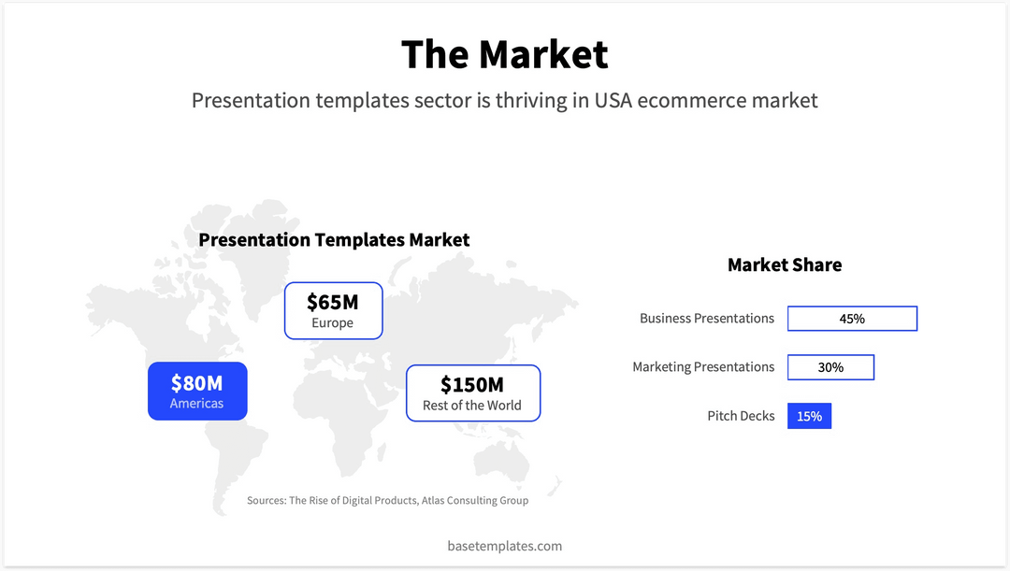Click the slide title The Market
point(504,54)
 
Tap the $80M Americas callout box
point(197,391)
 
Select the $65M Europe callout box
point(333,310)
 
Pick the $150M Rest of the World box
point(472,393)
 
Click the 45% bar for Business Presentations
point(852,319)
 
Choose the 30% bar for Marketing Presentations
point(830,367)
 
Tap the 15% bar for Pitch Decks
point(809,416)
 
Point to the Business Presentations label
point(707,319)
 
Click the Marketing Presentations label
point(703,367)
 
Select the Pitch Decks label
point(741,416)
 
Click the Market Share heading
point(785,265)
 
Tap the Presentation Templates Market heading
point(334,240)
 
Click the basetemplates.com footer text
point(505,546)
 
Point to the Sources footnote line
point(387,501)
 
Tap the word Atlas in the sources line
point(435,501)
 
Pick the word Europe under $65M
point(333,323)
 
